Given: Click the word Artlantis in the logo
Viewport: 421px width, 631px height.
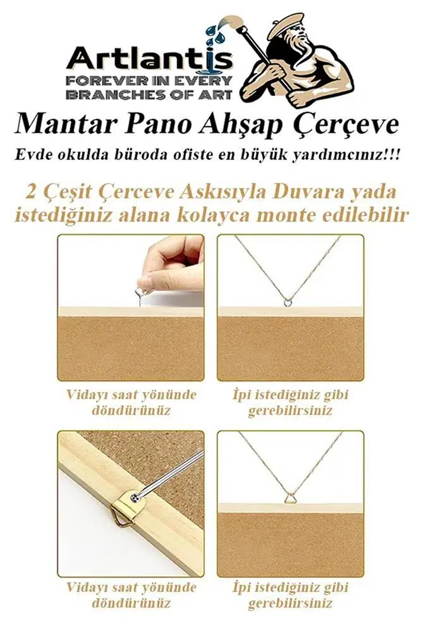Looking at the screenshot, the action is (149, 59).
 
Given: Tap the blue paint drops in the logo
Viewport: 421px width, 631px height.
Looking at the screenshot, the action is (216, 33).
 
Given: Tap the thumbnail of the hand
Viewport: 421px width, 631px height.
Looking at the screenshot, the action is (144, 282).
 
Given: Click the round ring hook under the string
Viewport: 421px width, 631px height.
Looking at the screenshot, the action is (287, 302).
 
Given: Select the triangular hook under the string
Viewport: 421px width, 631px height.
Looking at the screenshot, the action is (290, 499).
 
